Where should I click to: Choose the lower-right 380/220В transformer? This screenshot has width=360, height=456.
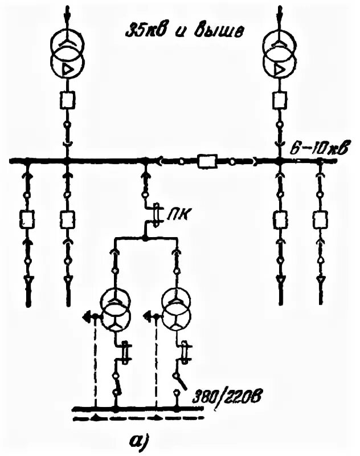178,310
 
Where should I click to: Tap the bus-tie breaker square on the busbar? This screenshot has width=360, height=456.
205,162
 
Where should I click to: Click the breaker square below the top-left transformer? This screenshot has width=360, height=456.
67,101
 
